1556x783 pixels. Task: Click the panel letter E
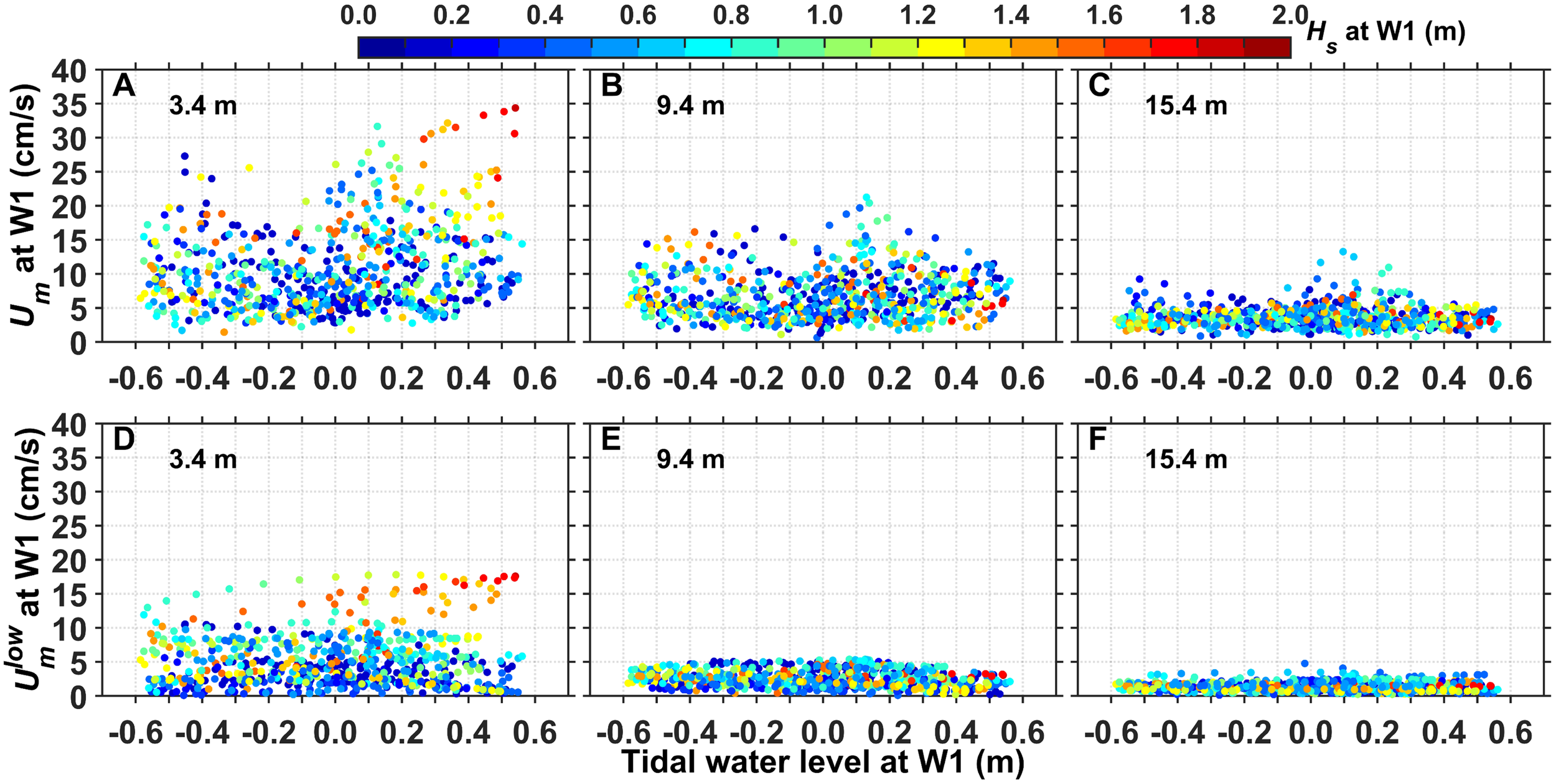point(611,439)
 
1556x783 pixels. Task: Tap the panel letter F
point(1097,439)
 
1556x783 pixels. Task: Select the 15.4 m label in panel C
point(1186,106)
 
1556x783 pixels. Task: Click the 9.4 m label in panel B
point(690,106)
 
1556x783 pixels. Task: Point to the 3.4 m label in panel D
point(202,460)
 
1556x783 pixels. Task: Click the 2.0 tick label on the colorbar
point(1290,15)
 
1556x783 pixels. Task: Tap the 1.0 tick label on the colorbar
point(825,15)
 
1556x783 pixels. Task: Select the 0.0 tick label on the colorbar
point(359,15)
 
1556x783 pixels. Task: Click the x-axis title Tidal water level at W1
point(823,762)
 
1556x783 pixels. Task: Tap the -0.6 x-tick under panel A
point(136,378)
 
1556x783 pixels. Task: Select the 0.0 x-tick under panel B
point(823,378)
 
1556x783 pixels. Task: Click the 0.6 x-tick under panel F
point(1510,732)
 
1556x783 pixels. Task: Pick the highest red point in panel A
point(515,108)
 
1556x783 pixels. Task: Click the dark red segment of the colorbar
point(1267,47)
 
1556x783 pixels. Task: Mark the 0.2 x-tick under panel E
point(889,732)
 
